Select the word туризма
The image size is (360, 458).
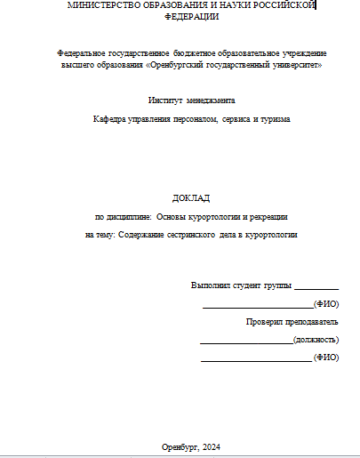click(x=273, y=119)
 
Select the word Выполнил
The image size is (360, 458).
click(x=210, y=285)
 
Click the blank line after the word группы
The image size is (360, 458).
click(x=316, y=287)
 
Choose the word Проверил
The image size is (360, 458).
click(x=264, y=321)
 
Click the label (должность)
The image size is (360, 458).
click(x=316, y=340)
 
